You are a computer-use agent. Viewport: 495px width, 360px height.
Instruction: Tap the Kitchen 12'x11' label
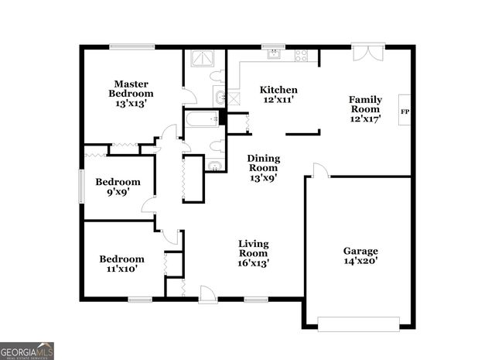click(278, 94)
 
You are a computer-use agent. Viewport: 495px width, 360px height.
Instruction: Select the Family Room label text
click(366, 108)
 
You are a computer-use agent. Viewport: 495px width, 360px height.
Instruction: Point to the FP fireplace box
click(404, 113)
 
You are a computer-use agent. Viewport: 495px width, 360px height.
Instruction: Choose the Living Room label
click(252, 252)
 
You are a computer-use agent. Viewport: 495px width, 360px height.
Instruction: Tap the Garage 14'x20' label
click(360, 256)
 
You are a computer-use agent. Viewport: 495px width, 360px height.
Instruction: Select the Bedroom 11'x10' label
click(121, 264)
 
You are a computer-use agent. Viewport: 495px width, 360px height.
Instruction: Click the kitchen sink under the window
click(274, 55)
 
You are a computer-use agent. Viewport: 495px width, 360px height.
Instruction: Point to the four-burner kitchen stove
click(301, 55)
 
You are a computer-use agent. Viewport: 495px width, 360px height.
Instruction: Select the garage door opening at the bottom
click(358, 324)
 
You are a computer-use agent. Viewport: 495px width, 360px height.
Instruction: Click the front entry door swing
click(207, 293)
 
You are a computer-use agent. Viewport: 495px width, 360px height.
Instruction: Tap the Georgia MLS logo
click(27, 351)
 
